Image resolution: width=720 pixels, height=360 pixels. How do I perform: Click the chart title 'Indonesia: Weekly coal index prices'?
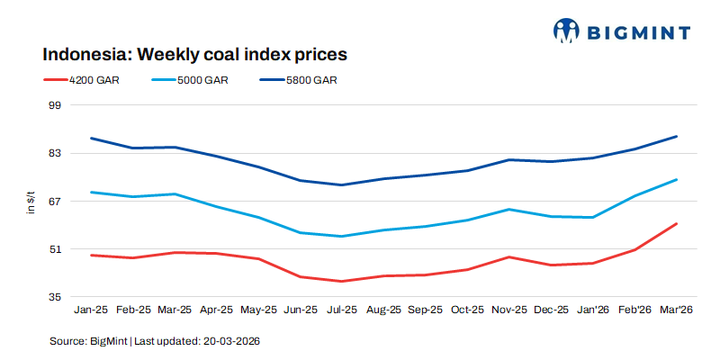pyautogui.click(x=194, y=54)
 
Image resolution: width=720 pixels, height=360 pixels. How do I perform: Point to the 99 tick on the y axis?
pyautogui.click(x=53, y=105)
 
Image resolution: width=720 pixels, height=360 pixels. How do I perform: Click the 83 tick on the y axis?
pyautogui.click(x=53, y=153)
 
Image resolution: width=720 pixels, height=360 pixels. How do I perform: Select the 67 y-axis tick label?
pyautogui.click(x=53, y=201)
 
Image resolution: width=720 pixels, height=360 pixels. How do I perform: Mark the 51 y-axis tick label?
pyautogui.click(x=53, y=248)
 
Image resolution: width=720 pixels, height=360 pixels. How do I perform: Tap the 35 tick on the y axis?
pyautogui.click(x=53, y=296)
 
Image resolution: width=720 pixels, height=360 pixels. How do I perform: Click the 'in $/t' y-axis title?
pyautogui.click(x=31, y=201)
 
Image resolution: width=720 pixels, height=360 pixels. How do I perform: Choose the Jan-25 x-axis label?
pyautogui.click(x=91, y=310)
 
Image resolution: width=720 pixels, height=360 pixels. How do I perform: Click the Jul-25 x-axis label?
pyautogui.click(x=341, y=310)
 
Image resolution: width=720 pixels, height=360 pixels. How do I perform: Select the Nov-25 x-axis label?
pyautogui.click(x=508, y=310)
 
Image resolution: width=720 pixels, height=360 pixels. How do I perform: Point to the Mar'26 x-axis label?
pyautogui.click(x=675, y=310)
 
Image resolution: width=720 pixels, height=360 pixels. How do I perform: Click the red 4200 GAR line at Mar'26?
pyautogui.click(x=676, y=223)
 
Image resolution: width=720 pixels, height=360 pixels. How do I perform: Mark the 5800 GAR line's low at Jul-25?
pyautogui.click(x=341, y=184)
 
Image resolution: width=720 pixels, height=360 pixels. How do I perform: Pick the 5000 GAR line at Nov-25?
pyautogui.click(x=508, y=210)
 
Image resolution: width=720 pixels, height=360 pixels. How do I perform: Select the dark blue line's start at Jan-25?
pyautogui.click(x=91, y=139)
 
